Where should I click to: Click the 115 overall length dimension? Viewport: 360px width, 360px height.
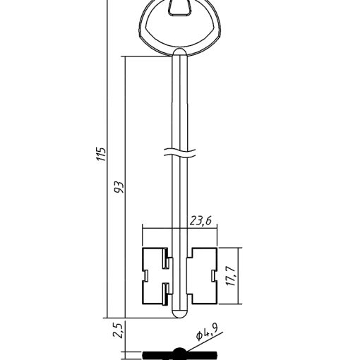(102, 155)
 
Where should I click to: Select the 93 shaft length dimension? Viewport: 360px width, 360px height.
(119, 187)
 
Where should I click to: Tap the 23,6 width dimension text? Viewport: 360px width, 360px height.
(200, 221)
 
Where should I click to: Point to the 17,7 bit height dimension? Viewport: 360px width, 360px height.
(232, 276)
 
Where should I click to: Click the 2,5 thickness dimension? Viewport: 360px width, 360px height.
(118, 330)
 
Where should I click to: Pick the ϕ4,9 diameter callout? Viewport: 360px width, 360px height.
(207, 332)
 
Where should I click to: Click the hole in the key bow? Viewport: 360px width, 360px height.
(179, 8)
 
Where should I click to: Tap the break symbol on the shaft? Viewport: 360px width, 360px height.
(179, 153)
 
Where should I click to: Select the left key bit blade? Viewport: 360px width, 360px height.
(155, 276)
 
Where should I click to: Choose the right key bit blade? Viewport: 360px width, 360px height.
(203, 275)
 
